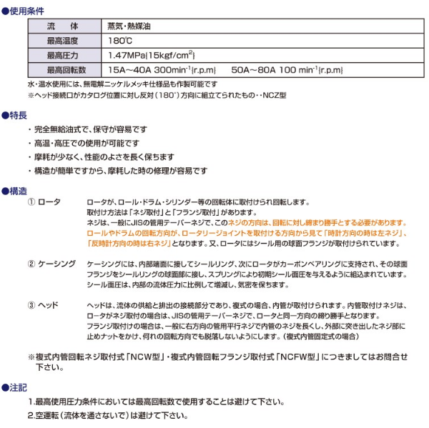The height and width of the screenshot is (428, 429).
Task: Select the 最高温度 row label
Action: pyautogui.click(x=66, y=41)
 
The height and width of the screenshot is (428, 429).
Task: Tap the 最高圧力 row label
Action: pyautogui.click(x=66, y=55)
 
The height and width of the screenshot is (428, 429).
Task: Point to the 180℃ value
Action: pyautogui.click(x=119, y=41)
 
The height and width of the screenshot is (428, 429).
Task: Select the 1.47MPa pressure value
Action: pyautogui.click(x=126, y=55)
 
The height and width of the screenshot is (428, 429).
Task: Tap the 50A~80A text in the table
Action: pyautogui.click(x=252, y=70)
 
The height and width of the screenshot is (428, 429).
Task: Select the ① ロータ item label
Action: pyautogui.click(x=44, y=203)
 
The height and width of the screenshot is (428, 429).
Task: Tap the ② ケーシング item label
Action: pyautogui.click(x=51, y=264)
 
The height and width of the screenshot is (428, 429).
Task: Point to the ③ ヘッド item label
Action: pyautogui.click(x=44, y=305)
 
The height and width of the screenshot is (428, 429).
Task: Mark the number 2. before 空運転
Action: pyautogui.click(x=31, y=414)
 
